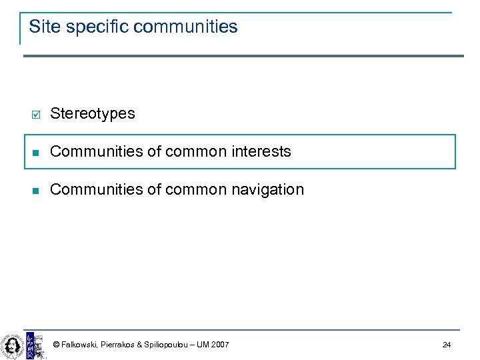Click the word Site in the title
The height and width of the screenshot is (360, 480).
click(x=40, y=27)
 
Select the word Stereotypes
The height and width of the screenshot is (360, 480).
click(x=92, y=113)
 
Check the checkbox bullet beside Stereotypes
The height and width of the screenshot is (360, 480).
click(x=36, y=114)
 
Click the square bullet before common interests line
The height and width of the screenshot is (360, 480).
click(x=36, y=152)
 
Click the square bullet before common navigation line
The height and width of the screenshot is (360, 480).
click(x=36, y=190)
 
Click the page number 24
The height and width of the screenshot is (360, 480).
click(x=446, y=345)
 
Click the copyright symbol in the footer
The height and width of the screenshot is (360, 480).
click(x=56, y=345)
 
